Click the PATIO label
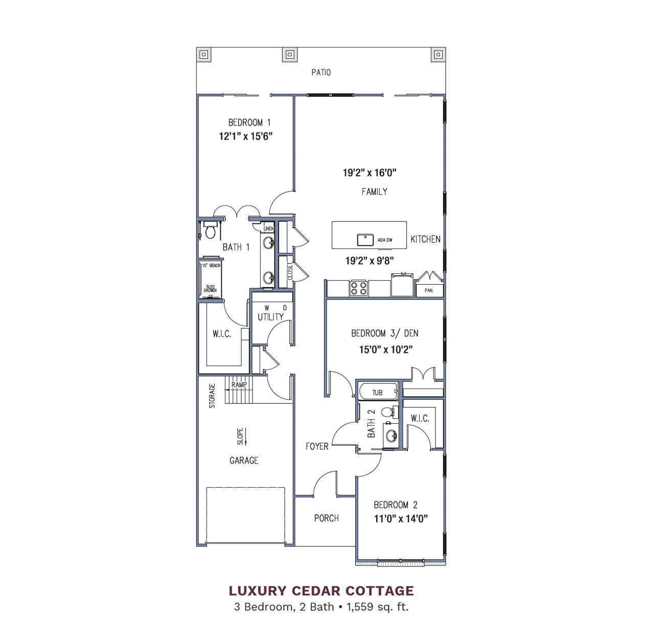(x=321, y=73)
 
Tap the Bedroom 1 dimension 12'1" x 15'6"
(x=246, y=136)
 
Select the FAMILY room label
(x=374, y=192)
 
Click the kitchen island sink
(x=365, y=240)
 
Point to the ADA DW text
(x=385, y=240)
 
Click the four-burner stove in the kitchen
(x=358, y=288)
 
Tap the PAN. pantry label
(x=429, y=290)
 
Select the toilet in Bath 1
(x=210, y=231)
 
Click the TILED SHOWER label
(x=210, y=289)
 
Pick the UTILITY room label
(x=270, y=317)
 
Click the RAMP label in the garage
(x=239, y=385)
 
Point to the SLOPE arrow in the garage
(x=246, y=437)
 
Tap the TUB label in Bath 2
(x=377, y=393)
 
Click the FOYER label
(x=317, y=446)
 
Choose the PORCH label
(x=327, y=518)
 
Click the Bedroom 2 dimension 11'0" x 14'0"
(x=401, y=519)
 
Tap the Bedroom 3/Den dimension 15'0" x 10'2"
(x=385, y=350)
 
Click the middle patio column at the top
(x=290, y=55)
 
